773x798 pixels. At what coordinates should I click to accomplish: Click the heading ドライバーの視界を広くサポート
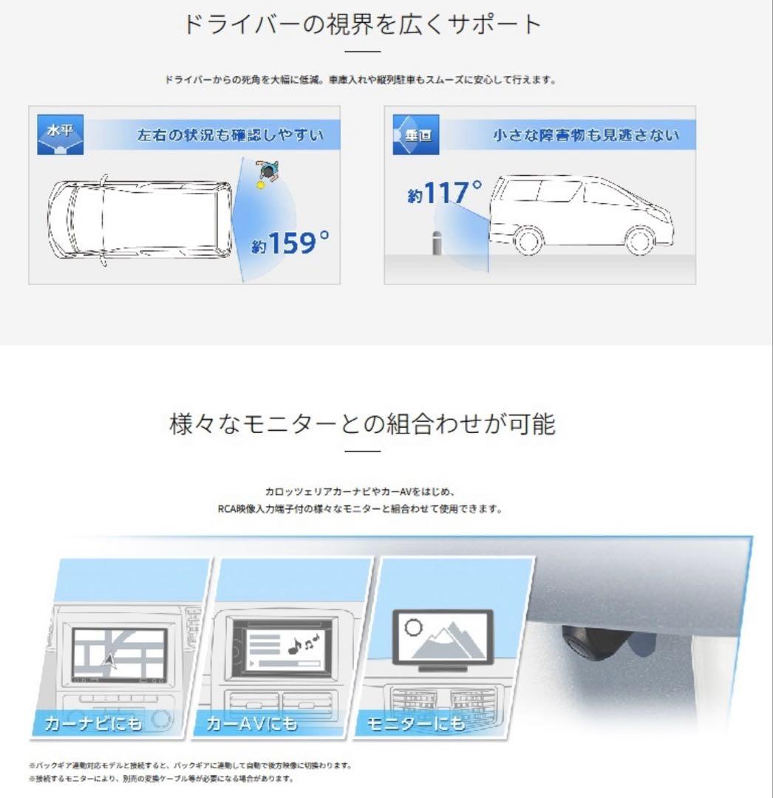click(362, 25)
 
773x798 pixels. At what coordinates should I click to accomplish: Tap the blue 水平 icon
click(60, 134)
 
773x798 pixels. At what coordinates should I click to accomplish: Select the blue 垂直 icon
click(416, 134)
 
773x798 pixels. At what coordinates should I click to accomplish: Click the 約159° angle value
click(290, 243)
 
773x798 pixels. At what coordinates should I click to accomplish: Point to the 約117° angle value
click(444, 194)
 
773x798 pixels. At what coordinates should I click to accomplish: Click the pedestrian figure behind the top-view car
click(267, 171)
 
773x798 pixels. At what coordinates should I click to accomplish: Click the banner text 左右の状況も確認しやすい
click(230, 136)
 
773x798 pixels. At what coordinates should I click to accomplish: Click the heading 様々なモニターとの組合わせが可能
click(362, 424)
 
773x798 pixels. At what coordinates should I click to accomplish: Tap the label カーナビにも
click(94, 723)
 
